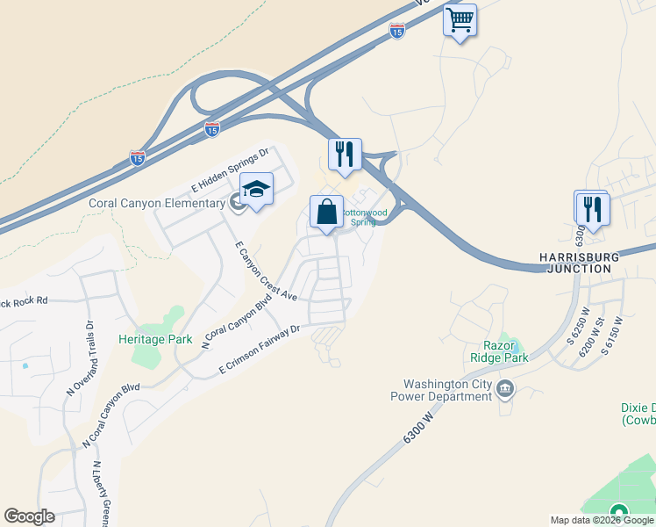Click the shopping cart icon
[460, 19]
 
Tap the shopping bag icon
[326, 212]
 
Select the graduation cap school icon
[256, 189]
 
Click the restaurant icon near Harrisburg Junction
[594, 209]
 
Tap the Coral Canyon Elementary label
[157, 204]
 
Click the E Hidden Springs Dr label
[229, 170]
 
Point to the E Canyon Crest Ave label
[267, 271]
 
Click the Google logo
[30, 516]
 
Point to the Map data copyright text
[602, 520]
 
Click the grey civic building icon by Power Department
[505, 389]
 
